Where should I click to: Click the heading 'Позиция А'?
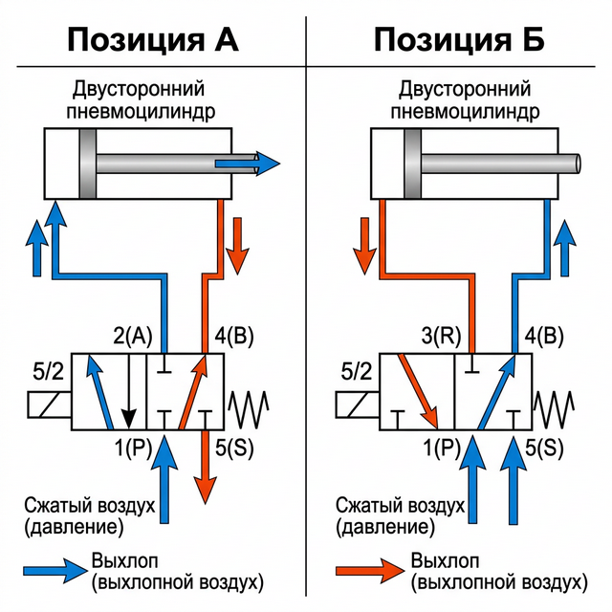[152, 39]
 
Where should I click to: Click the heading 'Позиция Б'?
[458, 39]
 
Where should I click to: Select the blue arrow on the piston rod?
[248, 164]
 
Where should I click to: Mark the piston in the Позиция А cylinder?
[90, 164]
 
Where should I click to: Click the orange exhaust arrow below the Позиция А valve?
[204, 469]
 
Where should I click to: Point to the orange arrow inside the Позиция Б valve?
[419, 390]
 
